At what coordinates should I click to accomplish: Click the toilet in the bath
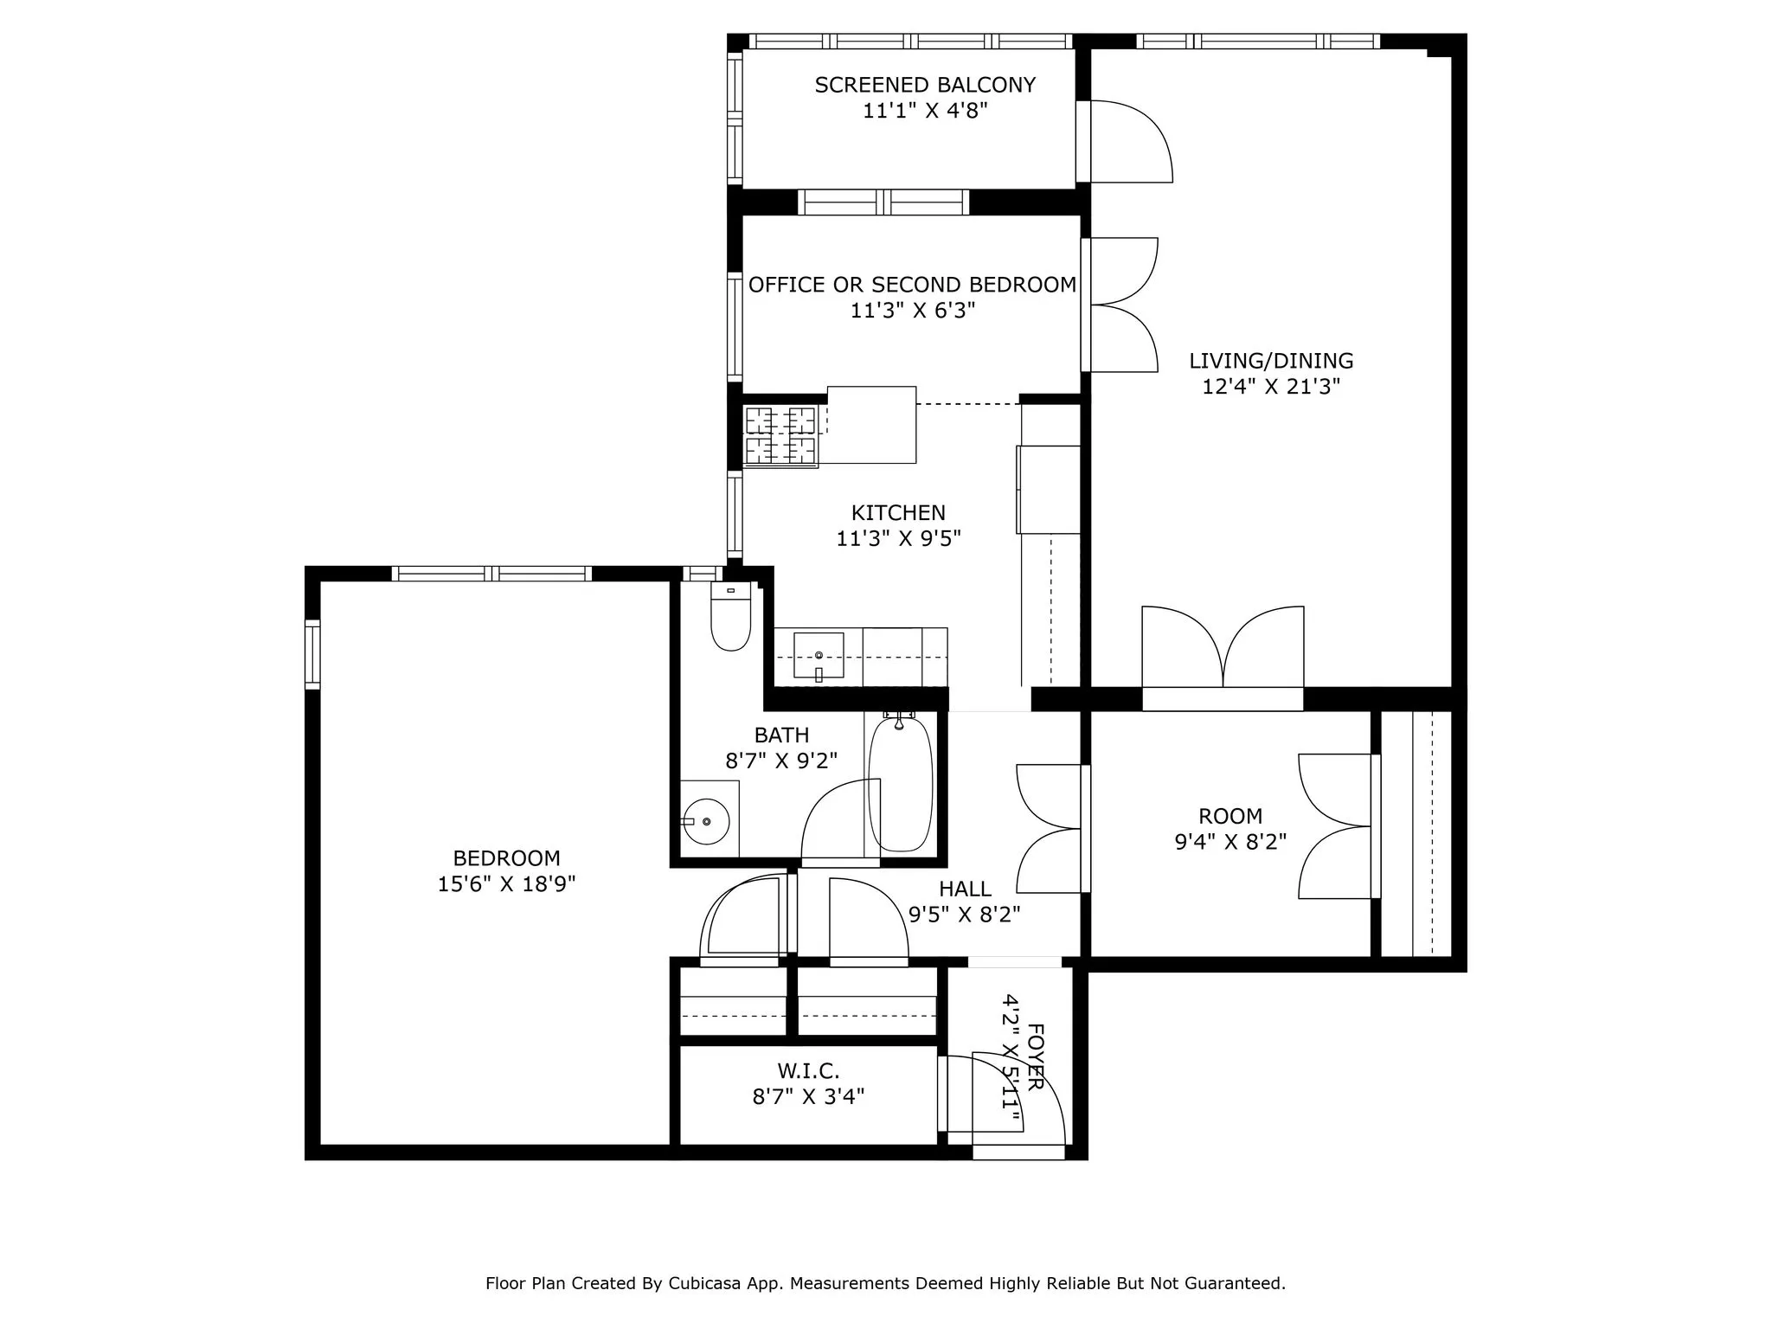click(x=730, y=618)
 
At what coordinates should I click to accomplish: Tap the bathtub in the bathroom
click(x=901, y=784)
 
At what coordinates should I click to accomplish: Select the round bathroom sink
click(x=706, y=820)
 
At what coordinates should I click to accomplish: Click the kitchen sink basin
click(x=819, y=655)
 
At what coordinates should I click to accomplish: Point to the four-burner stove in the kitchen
click(x=780, y=435)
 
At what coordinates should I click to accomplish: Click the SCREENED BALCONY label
click(x=925, y=85)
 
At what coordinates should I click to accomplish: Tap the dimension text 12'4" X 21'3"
click(x=1270, y=387)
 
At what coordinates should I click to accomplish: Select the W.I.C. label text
click(x=808, y=1071)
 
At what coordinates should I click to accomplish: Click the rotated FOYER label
click(x=1035, y=1056)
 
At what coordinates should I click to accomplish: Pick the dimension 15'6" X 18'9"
click(x=506, y=884)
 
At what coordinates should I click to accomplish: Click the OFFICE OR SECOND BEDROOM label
click(x=912, y=285)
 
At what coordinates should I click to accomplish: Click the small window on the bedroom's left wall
click(x=312, y=654)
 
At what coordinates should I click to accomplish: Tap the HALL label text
click(x=965, y=889)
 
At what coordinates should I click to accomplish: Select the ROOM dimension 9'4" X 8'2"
click(x=1230, y=841)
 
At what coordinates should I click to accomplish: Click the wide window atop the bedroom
click(x=491, y=573)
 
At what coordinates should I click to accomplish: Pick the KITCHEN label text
click(x=898, y=512)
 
